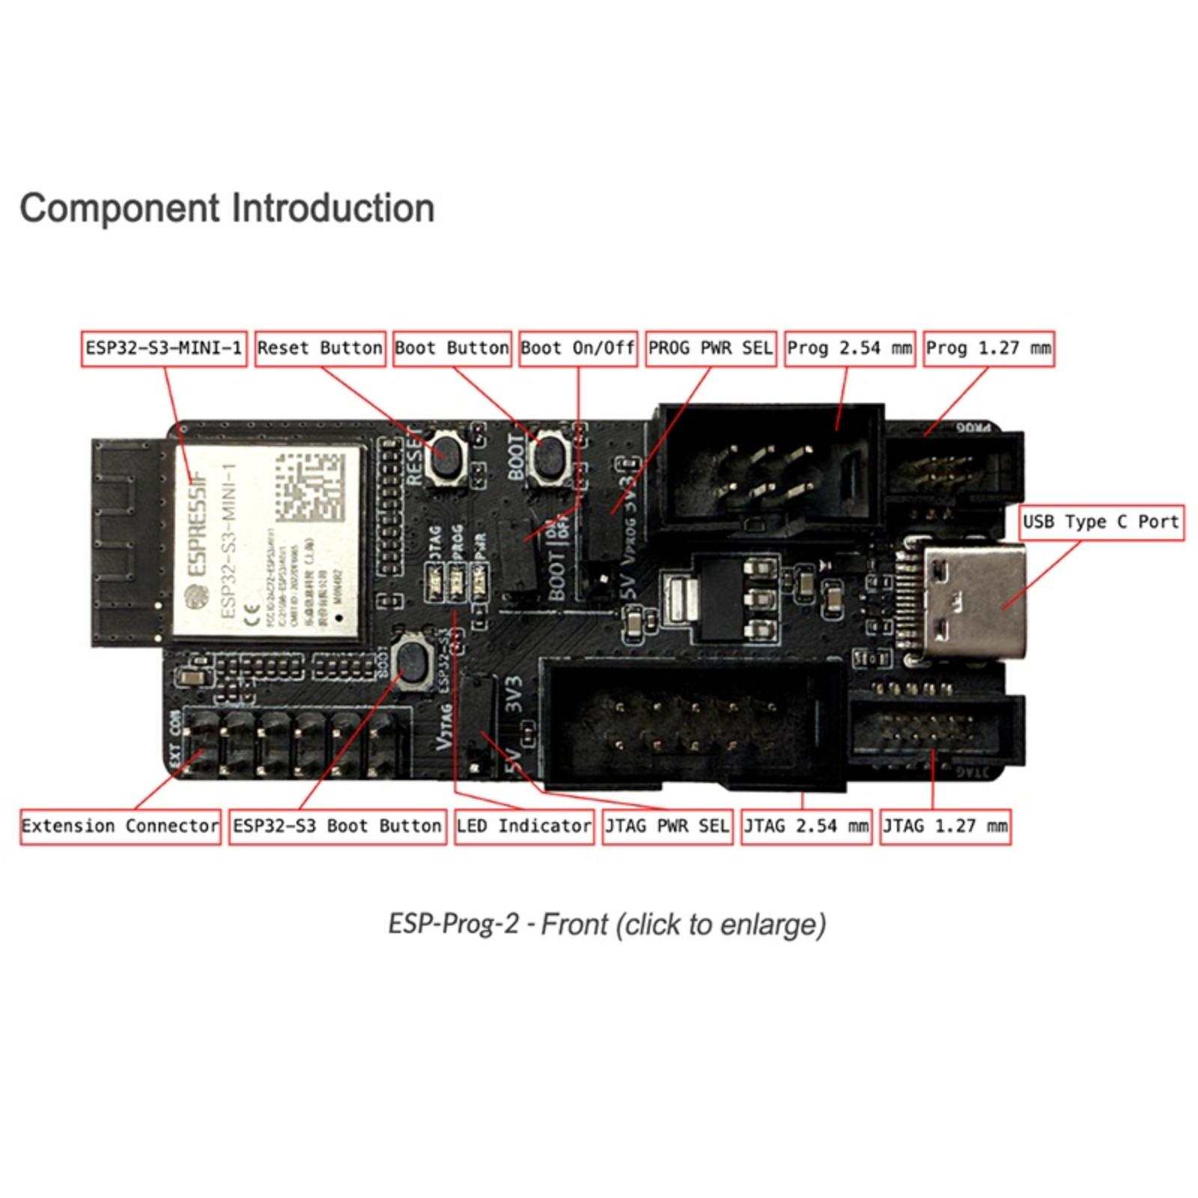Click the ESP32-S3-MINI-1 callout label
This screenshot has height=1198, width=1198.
163,349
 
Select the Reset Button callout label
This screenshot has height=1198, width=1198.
320,349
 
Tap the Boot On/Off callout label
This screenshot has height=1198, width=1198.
577,349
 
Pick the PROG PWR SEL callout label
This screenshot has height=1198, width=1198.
710,349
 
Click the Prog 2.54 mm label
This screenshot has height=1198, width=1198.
849,349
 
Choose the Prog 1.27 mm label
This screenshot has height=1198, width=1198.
988,349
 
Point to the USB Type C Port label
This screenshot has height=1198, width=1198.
1101,522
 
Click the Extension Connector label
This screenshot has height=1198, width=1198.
120,827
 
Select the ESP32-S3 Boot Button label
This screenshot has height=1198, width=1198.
337,827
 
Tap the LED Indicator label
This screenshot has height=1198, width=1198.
523,827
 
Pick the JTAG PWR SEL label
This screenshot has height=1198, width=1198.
666,827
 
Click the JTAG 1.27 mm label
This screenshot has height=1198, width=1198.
945,827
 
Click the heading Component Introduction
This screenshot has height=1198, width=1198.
227,208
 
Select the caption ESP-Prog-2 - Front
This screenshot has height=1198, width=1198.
606,924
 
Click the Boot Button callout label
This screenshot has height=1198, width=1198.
451,349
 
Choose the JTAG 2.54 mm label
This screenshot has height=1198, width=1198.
806,827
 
